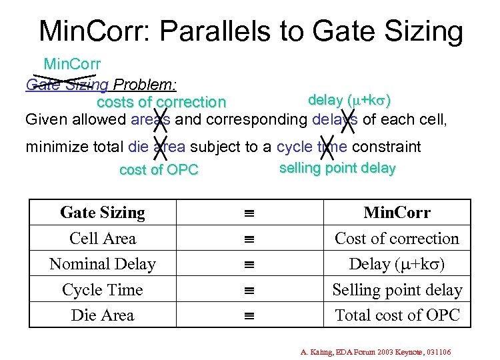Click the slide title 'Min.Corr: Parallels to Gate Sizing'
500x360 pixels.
tap(251, 31)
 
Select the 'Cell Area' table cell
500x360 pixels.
tap(103, 239)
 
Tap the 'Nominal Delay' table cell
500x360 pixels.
tap(103, 264)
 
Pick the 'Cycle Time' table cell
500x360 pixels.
tap(103, 290)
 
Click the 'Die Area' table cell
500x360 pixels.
tap(103, 315)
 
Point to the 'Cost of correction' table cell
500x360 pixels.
tap(397, 239)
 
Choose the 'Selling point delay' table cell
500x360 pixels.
tap(397, 290)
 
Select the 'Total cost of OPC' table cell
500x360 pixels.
tap(397, 315)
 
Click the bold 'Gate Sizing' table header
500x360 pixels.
tap(103, 213)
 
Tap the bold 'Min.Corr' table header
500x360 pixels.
tap(397, 213)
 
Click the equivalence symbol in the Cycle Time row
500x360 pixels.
tap(249, 290)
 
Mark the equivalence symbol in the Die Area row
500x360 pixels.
tap(249, 315)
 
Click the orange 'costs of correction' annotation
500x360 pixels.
tap(161, 103)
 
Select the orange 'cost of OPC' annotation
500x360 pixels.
tap(159, 170)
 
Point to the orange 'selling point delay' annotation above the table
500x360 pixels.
tap(337, 168)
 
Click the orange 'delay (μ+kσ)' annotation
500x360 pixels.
tap(349, 101)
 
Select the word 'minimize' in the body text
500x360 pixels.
tap(55, 147)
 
